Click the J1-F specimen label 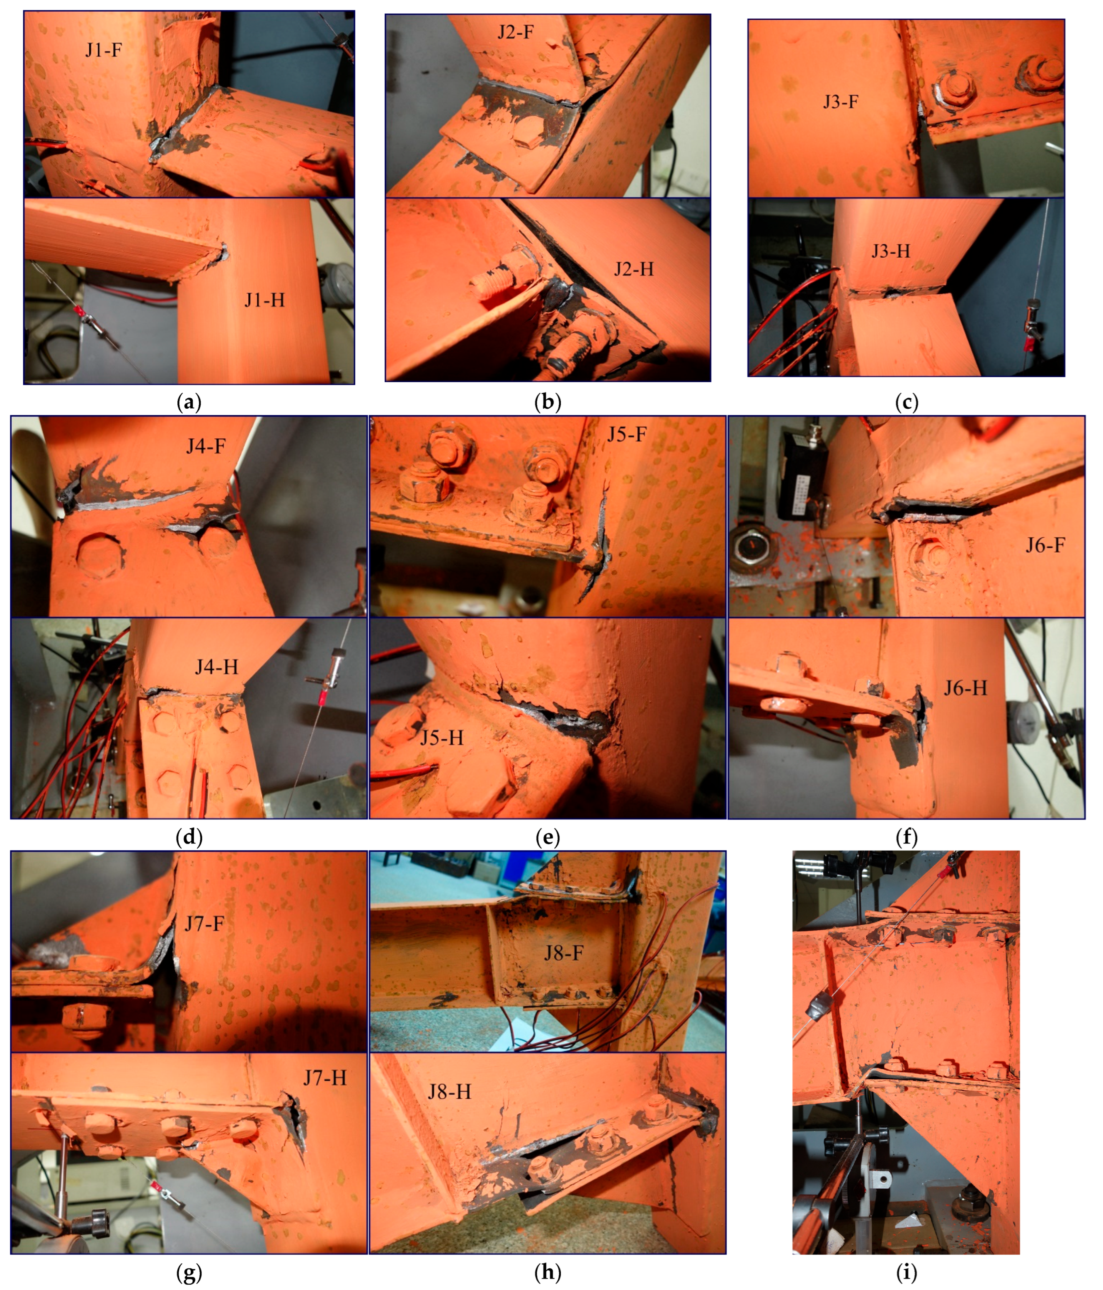pos(103,49)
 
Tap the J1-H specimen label pos(264,300)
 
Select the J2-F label pos(515,31)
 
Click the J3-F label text pos(841,102)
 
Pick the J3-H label pos(891,251)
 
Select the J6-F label pos(1045,545)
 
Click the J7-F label pos(204,923)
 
